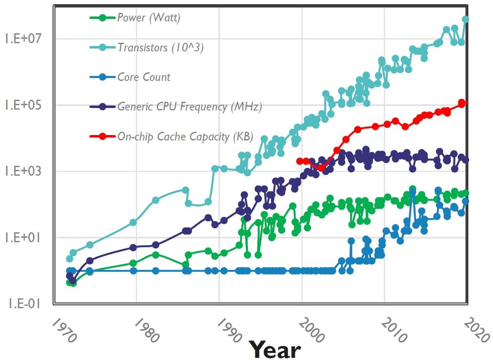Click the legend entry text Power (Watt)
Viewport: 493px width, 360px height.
click(x=149, y=18)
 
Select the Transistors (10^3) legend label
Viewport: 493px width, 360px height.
click(x=160, y=47)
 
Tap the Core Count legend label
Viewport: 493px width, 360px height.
click(x=144, y=77)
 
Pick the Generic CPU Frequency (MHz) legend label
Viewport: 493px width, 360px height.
click(x=189, y=107)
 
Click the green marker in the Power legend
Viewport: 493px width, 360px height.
click(x=103, y=18)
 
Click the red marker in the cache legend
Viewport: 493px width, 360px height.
click(x=103, y=136)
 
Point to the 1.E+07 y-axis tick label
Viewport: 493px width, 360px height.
click(x=23, y=39)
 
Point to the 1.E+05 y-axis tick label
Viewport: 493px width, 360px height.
click(x=23, y=105)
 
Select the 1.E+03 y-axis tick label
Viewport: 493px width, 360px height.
click(x=23, y=171)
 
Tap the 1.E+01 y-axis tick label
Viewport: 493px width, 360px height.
click(x=23, y=238)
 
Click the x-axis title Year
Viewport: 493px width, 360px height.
click(x=275, y=350)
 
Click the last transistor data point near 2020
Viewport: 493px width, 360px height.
click(x=466, y=19)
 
